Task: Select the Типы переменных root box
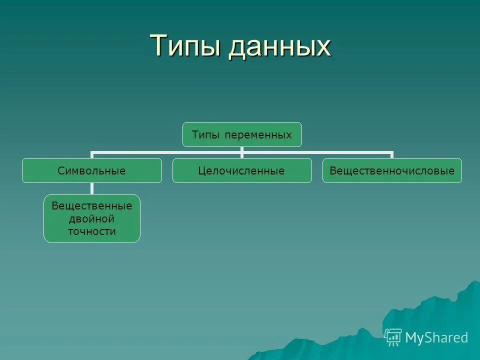tap(242, 134)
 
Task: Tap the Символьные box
tap(91, 170)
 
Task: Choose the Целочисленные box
tap(242, 170)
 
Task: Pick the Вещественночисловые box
tap(392, 170)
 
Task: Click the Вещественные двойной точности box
tap(92, 218)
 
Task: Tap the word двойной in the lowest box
tap(92, 218)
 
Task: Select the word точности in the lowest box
tap(92, 231)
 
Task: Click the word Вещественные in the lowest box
tap(92, 206)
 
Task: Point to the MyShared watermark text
tap(436, 337)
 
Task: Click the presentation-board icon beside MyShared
tap(393, 337)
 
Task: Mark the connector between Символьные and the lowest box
tap(92, 188)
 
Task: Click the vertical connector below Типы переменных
tap(242, 149)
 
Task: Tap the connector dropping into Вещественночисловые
tap(392, 155)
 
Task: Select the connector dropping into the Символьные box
tap(91, 155)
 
